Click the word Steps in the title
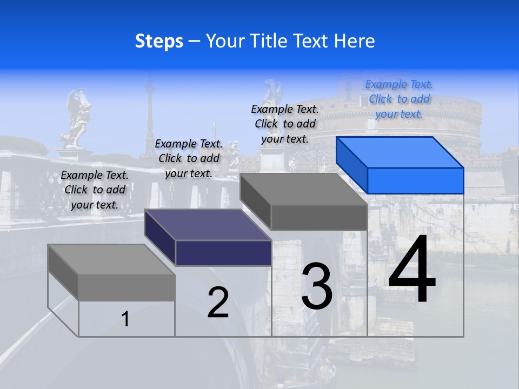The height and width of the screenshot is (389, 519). click(159, 41)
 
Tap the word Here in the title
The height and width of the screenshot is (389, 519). click(354, 41)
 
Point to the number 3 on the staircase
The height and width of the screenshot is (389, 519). click(317, 286)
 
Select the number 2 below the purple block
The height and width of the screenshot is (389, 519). click(218, 303)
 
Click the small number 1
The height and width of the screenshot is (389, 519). click(125, 319)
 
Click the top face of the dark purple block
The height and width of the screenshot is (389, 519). click(208, 225)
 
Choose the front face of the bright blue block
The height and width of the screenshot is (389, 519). click(415, 180)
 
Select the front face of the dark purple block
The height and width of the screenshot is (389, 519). click(223, 253)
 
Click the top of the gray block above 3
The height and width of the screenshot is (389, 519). click(304, 189)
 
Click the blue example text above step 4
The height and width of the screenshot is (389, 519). click(399, 99)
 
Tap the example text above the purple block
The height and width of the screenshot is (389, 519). click(189, 158)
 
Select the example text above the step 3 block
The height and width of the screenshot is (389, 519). click(285, 124)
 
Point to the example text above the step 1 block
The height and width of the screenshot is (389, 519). click(95, 190)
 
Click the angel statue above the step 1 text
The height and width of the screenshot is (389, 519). click(76, 119)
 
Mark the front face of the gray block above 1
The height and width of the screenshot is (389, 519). click(127, 287)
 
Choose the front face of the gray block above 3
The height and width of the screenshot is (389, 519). click(319, 218)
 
